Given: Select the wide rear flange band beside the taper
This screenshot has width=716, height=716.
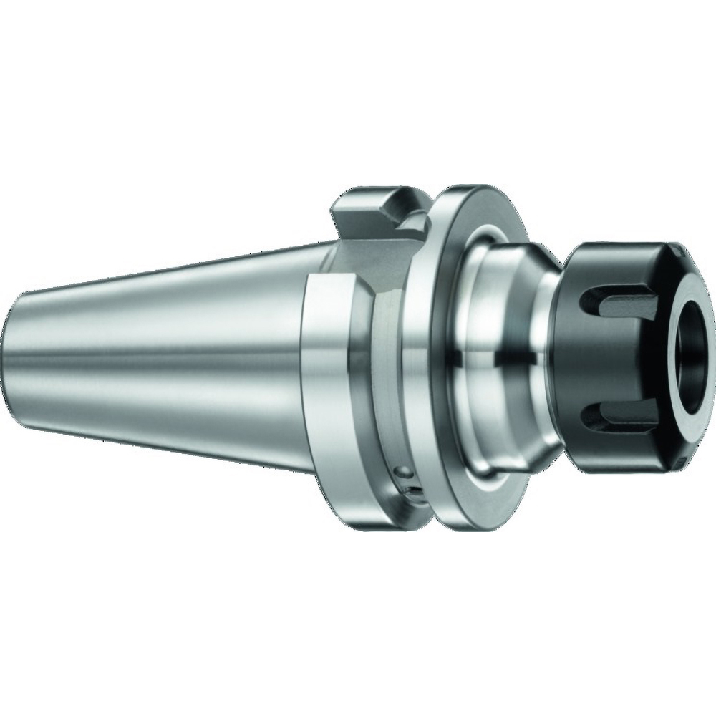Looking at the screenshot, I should (329, 358).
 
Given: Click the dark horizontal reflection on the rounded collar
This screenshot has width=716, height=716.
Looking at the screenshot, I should (501, 354).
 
